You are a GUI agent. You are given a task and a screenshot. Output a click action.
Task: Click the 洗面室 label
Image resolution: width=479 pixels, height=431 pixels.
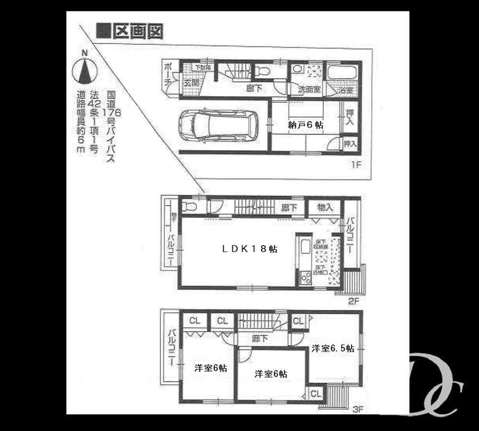point(308,90)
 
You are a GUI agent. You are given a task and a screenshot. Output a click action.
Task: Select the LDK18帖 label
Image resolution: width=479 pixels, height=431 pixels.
point(249,249)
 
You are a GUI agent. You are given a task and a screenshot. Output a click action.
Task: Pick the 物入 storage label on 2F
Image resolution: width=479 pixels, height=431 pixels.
point(325,207)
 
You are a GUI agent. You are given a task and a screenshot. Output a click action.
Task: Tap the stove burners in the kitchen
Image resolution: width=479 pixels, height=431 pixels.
point(305,278)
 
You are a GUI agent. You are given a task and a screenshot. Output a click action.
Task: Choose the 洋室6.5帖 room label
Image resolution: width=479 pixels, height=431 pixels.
point(333,349)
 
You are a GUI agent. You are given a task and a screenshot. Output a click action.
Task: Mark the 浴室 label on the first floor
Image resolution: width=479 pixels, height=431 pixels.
point(347,90)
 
